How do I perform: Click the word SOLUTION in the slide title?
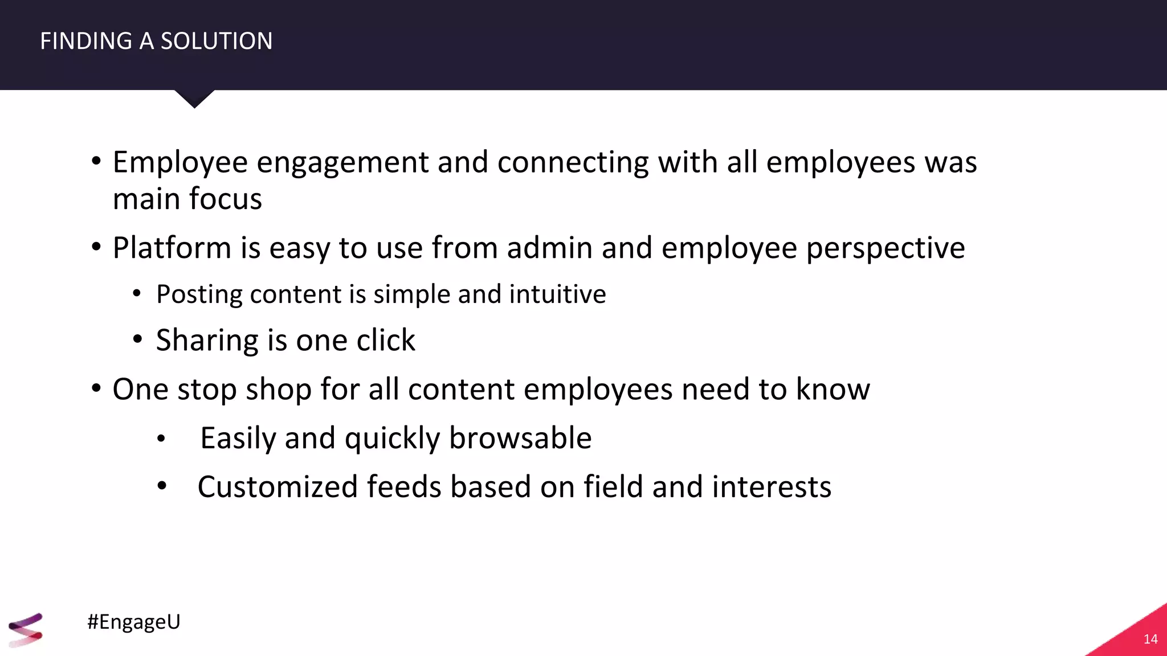[x=217, y=41]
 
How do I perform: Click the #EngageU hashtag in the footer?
[x=134, y=621]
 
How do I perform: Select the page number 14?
[x=1150, y=639]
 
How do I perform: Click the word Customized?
[x=278, y=487]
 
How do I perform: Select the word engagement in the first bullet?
[x=342, y=163]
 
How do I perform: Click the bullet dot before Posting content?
[x=137, y=294]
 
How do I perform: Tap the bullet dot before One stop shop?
[x=96, y=389]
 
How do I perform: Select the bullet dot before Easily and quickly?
[x=161, y=439]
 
